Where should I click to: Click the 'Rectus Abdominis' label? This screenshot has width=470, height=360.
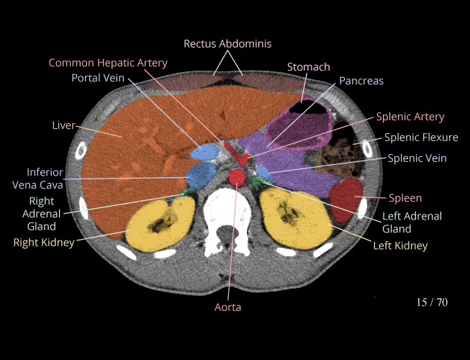(x=227, y=44)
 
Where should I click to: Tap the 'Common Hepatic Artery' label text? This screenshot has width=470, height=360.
(x=108, y=63)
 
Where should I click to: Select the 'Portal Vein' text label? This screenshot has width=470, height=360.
(x=98, y=78)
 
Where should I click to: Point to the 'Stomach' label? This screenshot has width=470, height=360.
(x=309, y=67)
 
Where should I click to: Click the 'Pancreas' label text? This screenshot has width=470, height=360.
(x=361, y=81)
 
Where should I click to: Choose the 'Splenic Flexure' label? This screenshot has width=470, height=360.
(x=421, y=138)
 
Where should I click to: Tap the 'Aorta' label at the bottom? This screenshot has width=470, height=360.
(x=227, y=307)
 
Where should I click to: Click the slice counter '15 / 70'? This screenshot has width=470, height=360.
(x=432, y=302)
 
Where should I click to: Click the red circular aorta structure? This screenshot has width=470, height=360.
(x=238, y=176)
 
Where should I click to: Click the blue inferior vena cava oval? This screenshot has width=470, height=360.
(x=202, y=174)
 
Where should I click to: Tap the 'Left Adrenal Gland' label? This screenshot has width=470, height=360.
(x=412, y=222)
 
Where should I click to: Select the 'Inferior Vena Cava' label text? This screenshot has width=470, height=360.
(x=45, y=179)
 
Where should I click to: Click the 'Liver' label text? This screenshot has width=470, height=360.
(x=63, y=125)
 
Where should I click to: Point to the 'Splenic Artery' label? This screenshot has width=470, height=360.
(x=410, y=117)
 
